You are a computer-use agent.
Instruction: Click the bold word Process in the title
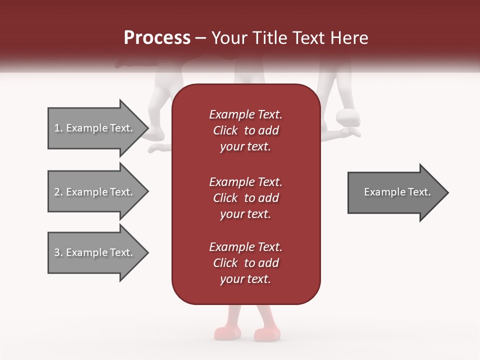point(157,38)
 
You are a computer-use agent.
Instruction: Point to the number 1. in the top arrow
point(58,128)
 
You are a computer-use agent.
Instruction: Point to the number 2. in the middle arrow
point(58,192)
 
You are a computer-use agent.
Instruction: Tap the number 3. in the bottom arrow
point(58,252)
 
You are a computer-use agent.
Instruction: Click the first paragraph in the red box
point(245,130)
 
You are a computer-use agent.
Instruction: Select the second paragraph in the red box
point(245,198)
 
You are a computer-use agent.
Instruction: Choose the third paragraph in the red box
point(245,263)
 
